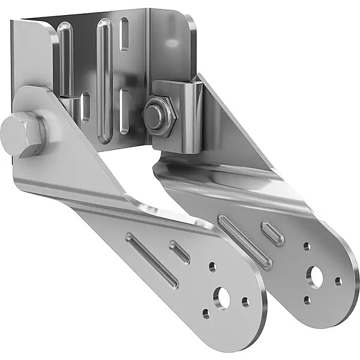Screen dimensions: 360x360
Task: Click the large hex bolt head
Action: (23, 134)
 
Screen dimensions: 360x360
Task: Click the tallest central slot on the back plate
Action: (104, 78)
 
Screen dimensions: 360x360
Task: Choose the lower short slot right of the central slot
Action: (124, 108)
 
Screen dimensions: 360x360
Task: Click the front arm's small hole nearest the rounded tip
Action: (245, 302)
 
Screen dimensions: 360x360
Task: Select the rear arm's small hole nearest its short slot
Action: (307, 247)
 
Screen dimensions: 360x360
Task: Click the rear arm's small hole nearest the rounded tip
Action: (339, 281)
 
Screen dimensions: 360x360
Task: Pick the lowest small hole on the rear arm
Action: (307, 300)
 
